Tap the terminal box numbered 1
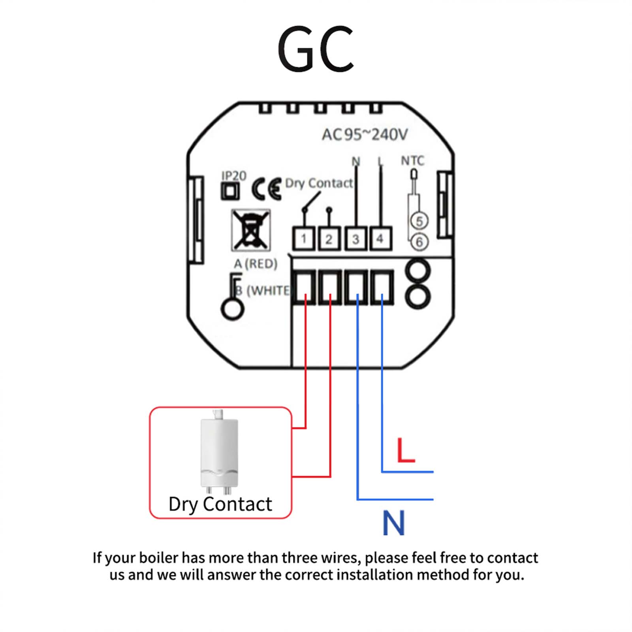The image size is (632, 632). point(303,239)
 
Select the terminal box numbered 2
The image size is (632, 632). point(329,239)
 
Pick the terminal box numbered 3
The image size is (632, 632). point(355,239)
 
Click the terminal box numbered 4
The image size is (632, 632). point(380,239)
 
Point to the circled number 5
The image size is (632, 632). point(419,221)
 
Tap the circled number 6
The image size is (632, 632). point(419,242)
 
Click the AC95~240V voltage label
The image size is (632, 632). point(364,135)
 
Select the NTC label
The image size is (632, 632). point(412,161)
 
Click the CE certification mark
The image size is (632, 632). point(267,189)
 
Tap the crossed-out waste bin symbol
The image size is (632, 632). point(251,230)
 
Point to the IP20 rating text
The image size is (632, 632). point(234,176)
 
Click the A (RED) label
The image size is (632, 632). point(256,263)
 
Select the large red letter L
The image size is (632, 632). point(406,450)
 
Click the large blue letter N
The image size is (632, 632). point(393,523)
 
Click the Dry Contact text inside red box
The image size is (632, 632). point(220,504)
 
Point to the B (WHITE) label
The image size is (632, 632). point(263,291)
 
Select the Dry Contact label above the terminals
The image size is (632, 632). point(319,183)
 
